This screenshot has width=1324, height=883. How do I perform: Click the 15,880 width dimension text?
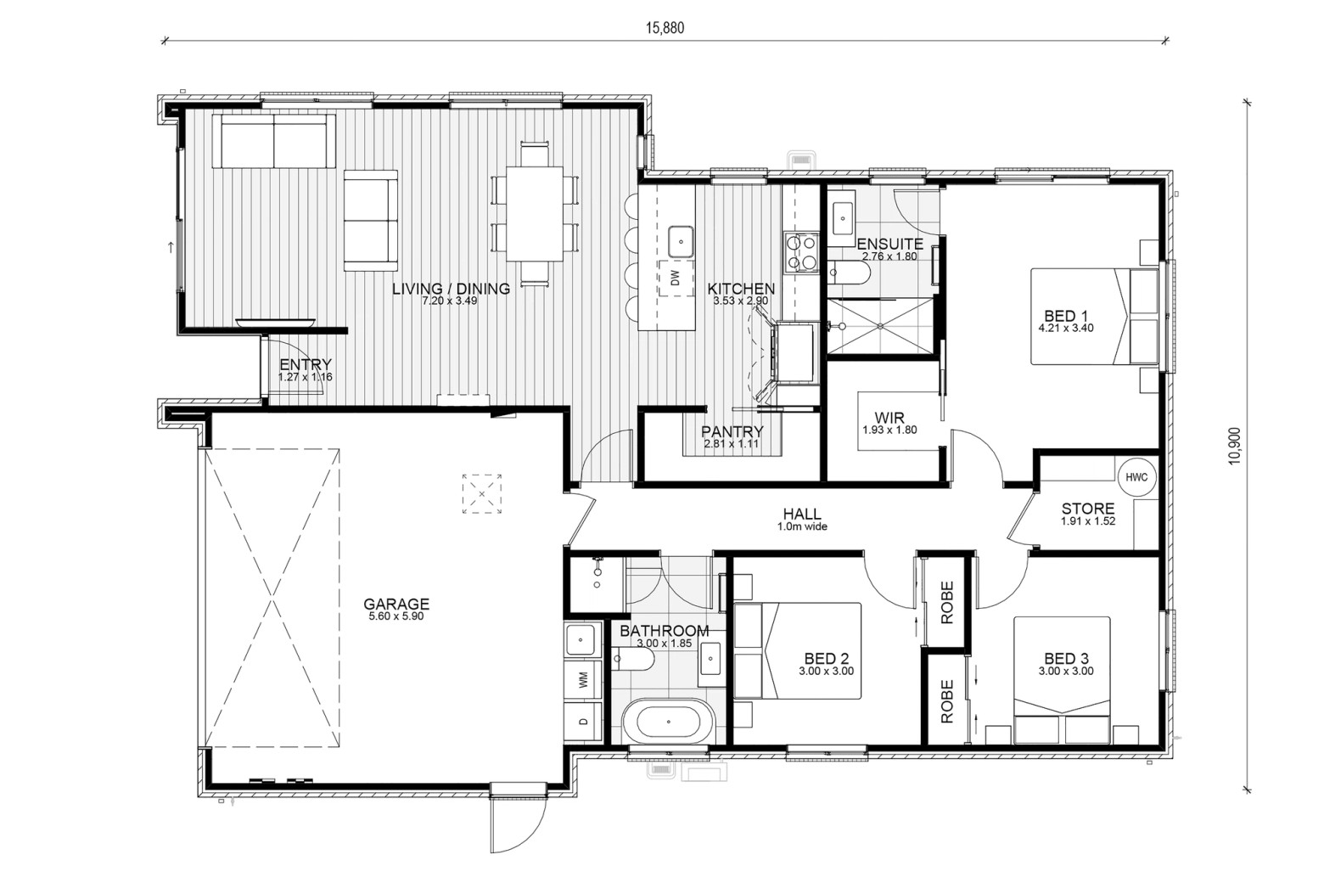pyautogui.click(x=665, y=28)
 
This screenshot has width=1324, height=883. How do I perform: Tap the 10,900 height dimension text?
pyautogui.click(x=1235, y=447)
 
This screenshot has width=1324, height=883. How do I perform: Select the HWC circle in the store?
pyautogui.click(x=1136, y=476)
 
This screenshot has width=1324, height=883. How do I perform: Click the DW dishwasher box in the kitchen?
pyautogui.click(x=676, y=278)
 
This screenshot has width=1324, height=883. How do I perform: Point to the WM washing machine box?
pyautogui.click(x=583, y=679)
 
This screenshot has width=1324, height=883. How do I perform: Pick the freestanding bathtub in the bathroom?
pyautogui.click(x=669, y=722)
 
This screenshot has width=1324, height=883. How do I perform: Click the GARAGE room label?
pyautogui.click(x=396, y=604)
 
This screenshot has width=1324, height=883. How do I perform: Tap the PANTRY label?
pyautogui.click(x=732, y=432)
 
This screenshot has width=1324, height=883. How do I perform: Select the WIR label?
pyautogui.click(x=889, y=418)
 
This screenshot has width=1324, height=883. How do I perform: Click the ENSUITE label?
pyautogui.click(x=889, y=244)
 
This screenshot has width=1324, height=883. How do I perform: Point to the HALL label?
pyautogui.click(x=802, y=514)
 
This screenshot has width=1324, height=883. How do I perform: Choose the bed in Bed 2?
pyautogui.click(x=797, y=650)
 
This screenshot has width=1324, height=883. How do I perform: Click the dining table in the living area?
pyautogui.click(x=535, y=213)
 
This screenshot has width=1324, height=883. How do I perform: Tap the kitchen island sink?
pyautogui.click(x=681, y=241)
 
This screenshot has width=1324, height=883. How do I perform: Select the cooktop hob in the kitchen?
pyautogui.click(x=801, y=252)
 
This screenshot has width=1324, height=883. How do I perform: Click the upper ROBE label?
pyautogui.click(x=947, y=603)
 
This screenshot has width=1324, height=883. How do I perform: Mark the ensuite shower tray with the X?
pyautogui.click(x=880, y=326)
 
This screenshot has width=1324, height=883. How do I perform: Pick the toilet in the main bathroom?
pyautogui.click(x=633, y=659)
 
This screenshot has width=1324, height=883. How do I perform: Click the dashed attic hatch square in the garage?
pyautogui.click(x=482, y=494)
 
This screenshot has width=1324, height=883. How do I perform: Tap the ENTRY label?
pyautogui.click(x=306, y=364)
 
